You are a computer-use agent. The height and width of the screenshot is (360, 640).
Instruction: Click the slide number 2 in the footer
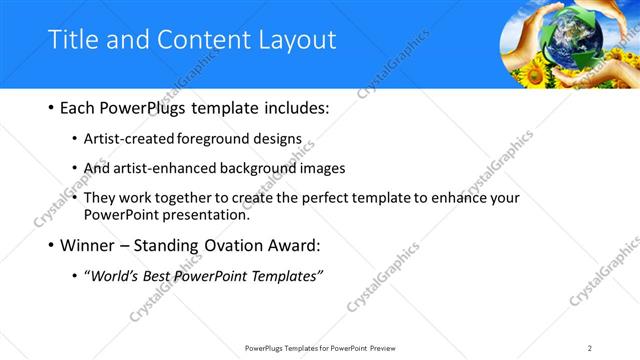coord(590,347)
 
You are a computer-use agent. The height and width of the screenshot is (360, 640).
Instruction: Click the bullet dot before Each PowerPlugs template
coord(51,107)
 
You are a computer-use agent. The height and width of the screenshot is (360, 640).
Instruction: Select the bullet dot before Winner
coord(51,245)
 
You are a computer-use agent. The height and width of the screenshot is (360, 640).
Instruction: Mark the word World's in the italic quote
coord(117,275)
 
